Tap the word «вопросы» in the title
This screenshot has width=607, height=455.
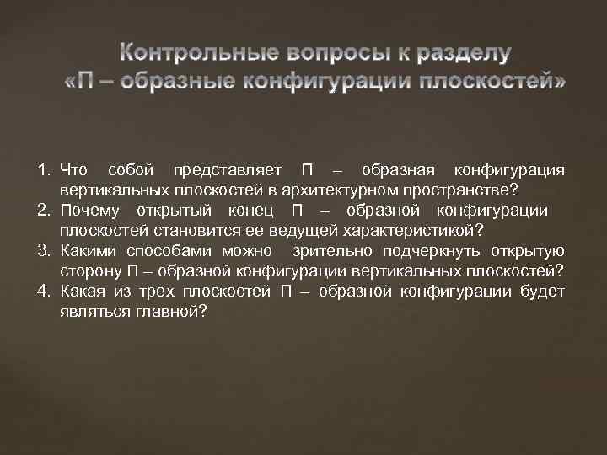coord(321,54)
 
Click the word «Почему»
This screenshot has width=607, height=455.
coord(89,211)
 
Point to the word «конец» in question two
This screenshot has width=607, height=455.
coord(244,211)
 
